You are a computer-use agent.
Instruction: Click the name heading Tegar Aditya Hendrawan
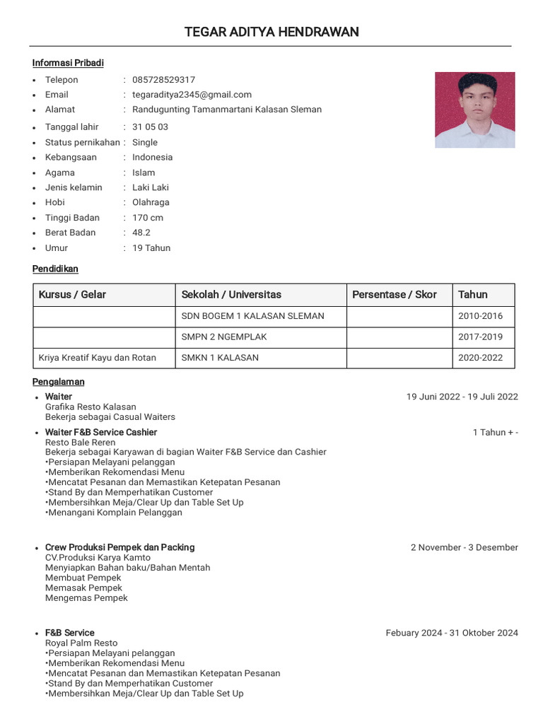(271, 32)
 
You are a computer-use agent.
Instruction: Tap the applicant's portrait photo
(474, 110)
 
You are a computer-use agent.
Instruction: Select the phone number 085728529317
(163, 80)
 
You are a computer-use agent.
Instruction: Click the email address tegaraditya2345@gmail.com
(192, 95)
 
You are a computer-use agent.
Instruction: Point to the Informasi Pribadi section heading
(68, 63)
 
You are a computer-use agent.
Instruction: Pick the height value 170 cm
(148, 218)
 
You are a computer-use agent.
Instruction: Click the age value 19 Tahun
(151, 248)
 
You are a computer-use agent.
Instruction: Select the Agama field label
(60, 173)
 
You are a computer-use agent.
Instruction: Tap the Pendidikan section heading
(55, 269)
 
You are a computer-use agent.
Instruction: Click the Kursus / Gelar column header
(72, 295)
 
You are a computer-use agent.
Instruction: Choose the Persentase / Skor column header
(395, 295)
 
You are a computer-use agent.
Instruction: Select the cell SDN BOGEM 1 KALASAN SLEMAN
(252, 316)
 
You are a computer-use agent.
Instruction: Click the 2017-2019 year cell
(480, 337)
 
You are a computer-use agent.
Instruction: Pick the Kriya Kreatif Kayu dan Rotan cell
(98, 358)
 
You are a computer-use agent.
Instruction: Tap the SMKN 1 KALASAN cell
(220, 358)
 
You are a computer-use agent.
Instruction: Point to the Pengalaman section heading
(58, 382)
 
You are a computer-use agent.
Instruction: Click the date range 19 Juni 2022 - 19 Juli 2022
(462, 397)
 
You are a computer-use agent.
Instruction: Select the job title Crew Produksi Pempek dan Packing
(119, 547)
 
